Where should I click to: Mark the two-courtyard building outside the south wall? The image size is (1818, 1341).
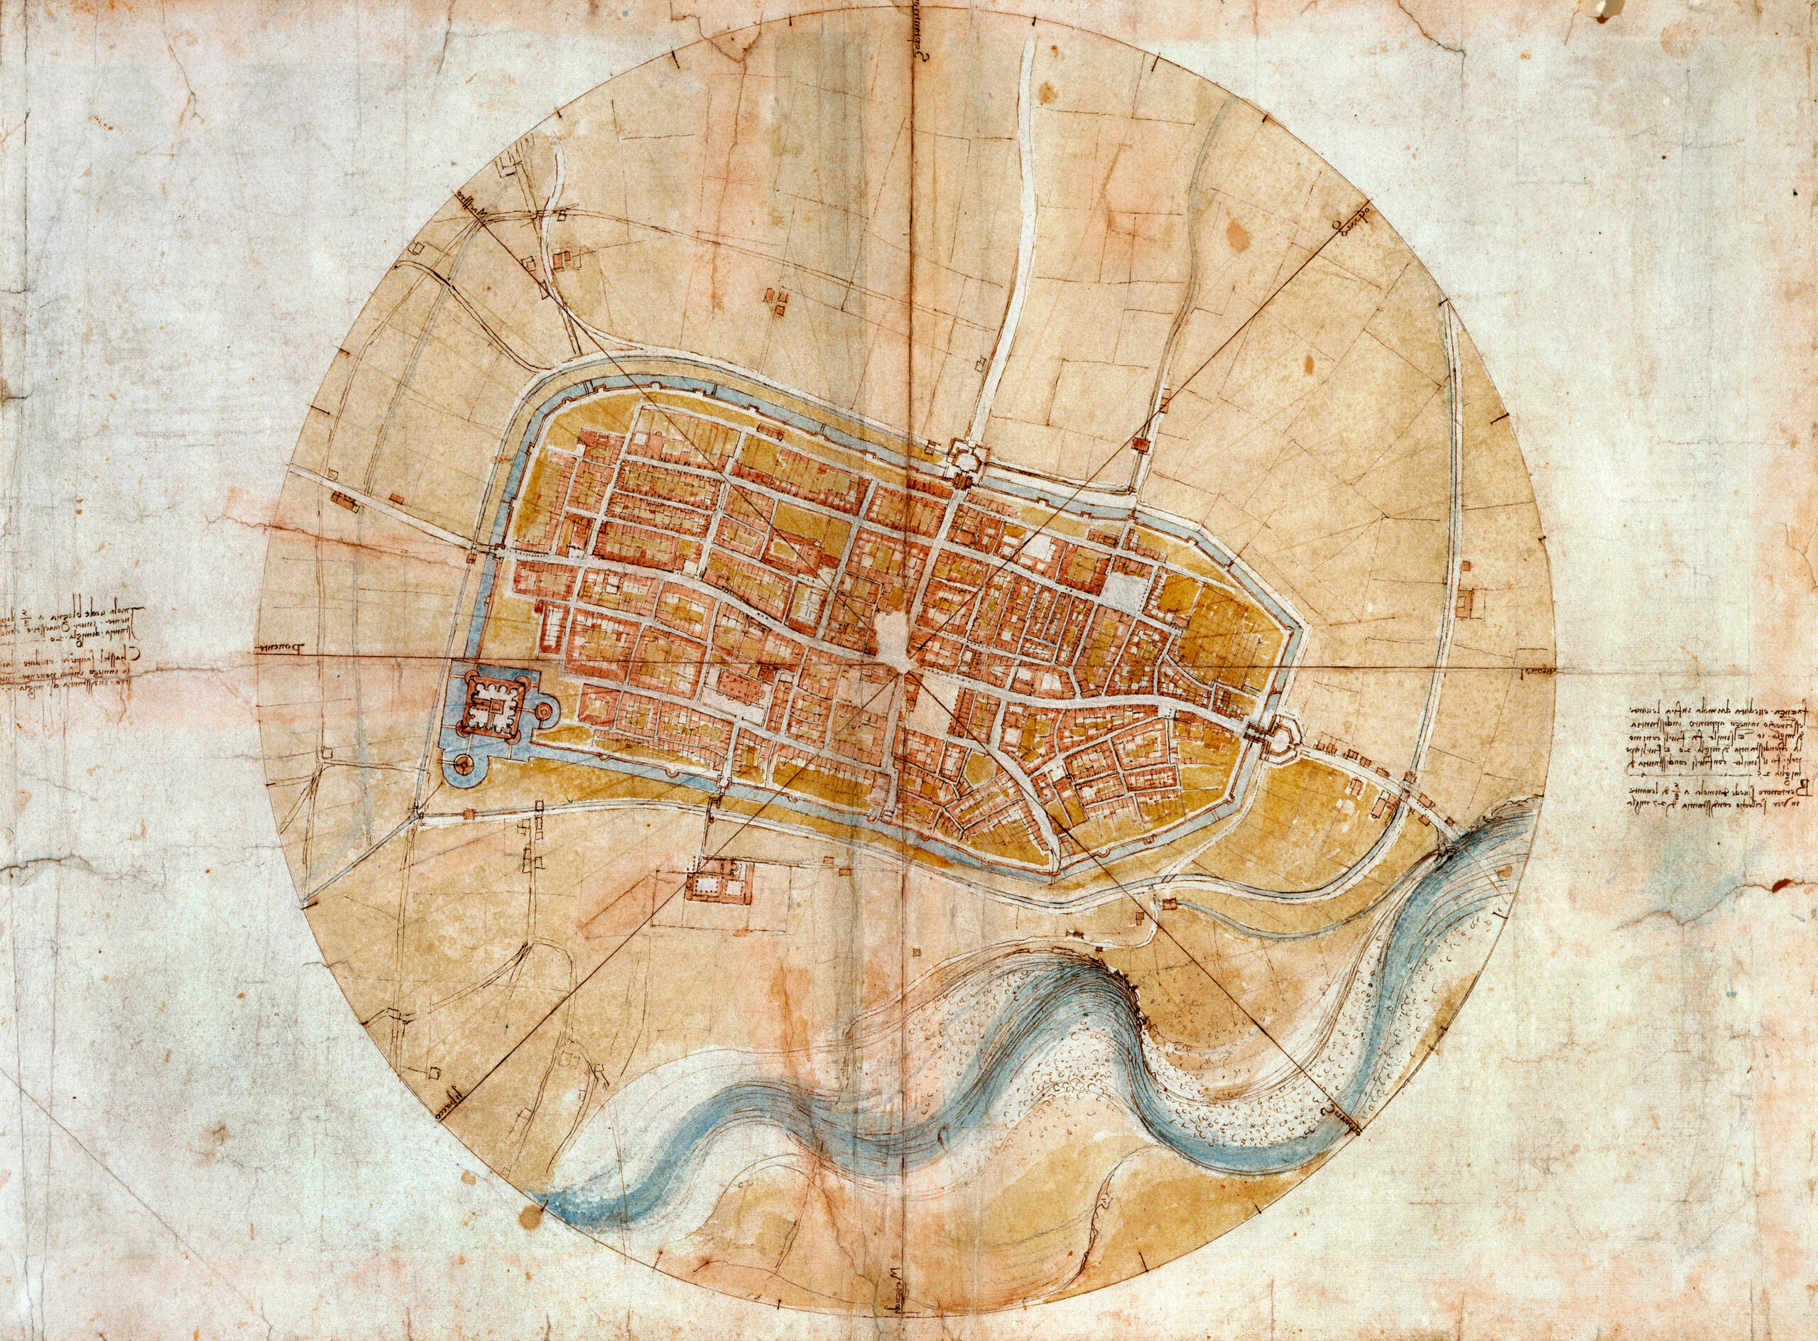(x=717, y=881)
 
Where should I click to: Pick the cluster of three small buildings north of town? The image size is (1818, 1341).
(x=778, y=302)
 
